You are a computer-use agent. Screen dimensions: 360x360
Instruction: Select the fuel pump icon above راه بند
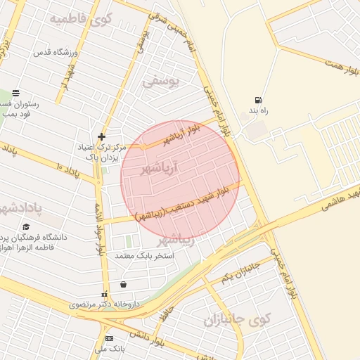click(x=259, y=100)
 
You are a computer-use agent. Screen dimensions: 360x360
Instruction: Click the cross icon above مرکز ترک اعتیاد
click(x=102, y=136)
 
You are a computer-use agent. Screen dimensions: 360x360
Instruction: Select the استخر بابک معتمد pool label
click(x=145, y=255)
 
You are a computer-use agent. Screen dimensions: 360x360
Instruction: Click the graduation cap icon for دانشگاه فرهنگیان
click(x=27, y=228)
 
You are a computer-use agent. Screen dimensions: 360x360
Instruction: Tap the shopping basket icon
click(x=124, y=285)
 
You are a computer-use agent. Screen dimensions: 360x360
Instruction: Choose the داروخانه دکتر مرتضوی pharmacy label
click(x=105, y=304)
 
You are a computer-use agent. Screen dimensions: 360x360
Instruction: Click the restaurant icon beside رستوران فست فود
click(x=15, y=92)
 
